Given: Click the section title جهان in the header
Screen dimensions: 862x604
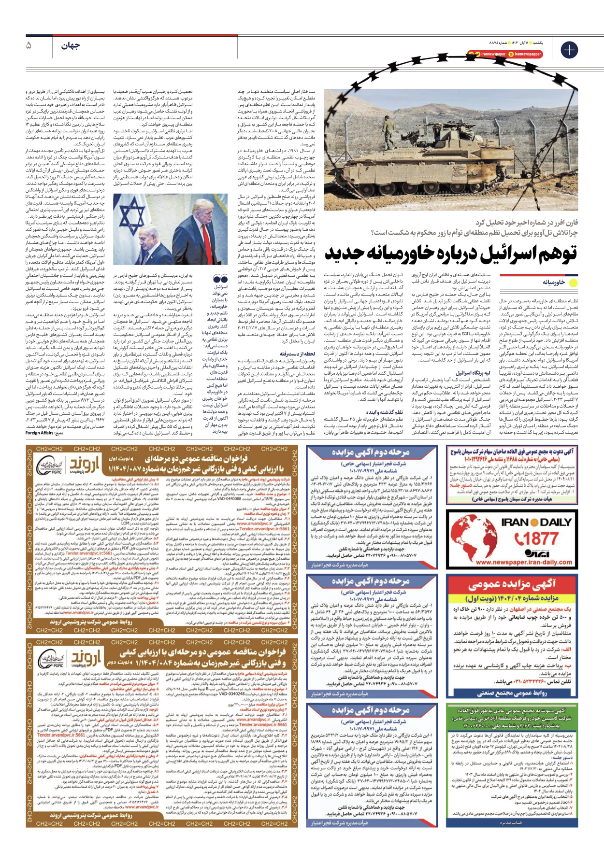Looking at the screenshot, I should (x=71, y=46).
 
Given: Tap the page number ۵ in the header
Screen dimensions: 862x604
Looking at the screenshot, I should (x=29, y=46).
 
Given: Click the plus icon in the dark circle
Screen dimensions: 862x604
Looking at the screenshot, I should (x=569, y=50).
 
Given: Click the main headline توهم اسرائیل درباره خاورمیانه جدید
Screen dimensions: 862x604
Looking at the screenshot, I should (x=450, y=253).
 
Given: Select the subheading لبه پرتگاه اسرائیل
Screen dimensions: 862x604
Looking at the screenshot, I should (x=474, y=373).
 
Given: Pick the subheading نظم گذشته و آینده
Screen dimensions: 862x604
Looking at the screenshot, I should (x=384, y=412).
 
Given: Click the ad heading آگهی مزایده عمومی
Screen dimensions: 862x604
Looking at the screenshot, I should (x=512, y=584).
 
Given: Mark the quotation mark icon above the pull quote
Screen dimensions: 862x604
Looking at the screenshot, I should (x=220, y=279).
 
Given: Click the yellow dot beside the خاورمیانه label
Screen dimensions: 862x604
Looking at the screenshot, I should (x=573, y=283).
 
